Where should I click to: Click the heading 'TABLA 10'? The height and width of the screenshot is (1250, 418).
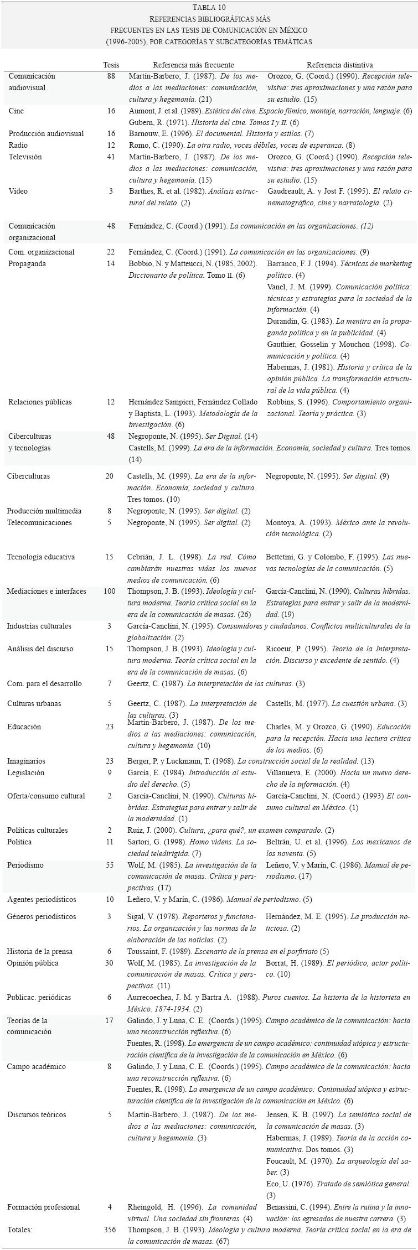(209, 7)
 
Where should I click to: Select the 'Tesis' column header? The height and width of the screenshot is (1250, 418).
(111, 65)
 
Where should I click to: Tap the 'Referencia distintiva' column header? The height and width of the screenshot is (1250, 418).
(340, 65)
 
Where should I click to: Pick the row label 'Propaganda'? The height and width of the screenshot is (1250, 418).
(27, 263)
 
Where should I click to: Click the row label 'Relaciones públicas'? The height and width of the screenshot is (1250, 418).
(40, 402)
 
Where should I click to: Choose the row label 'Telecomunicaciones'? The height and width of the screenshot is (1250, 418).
(39, 522)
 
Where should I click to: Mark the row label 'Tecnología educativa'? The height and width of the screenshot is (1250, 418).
(40, 557)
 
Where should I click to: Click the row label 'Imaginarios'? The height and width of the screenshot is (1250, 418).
(26, 761)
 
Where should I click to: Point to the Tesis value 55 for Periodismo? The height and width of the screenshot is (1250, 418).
(111, 865)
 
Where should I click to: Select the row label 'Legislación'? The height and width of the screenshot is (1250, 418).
(25, 772)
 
